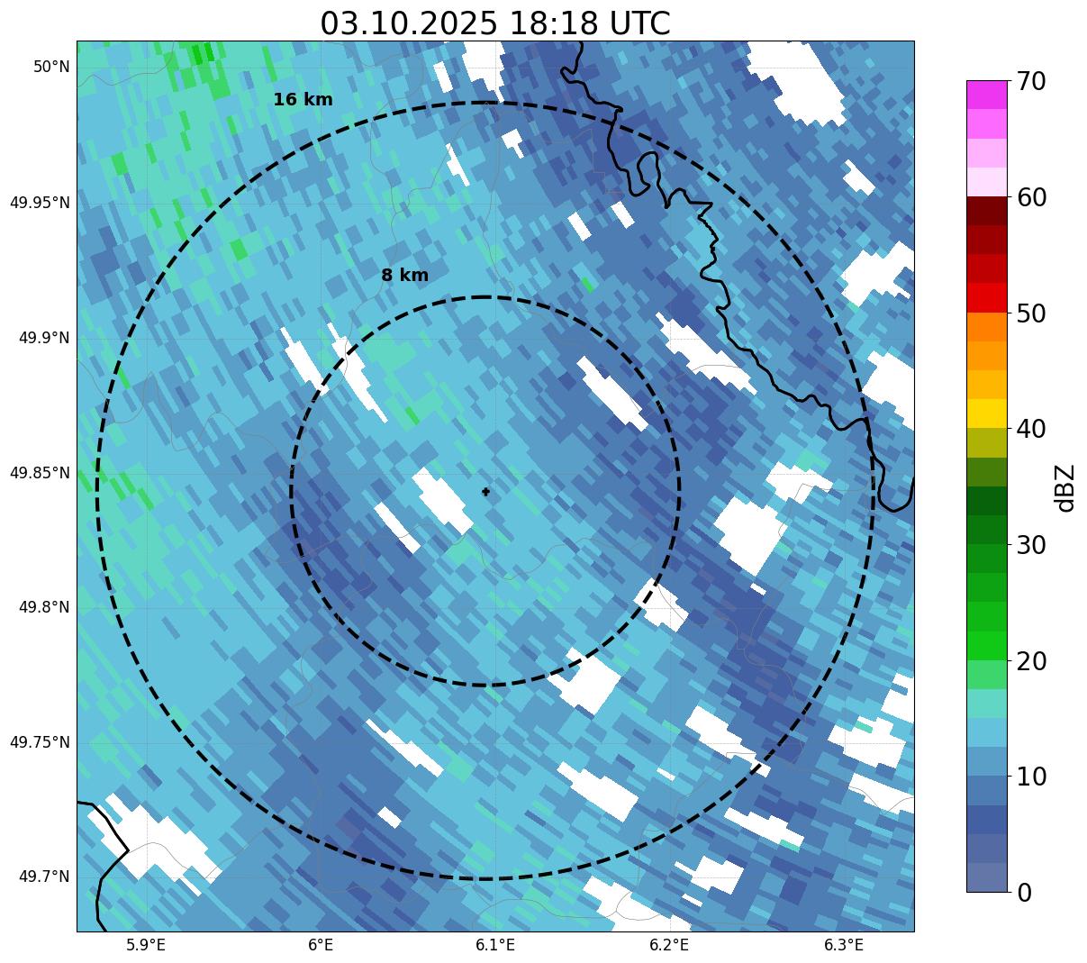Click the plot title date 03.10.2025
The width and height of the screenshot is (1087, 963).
point(408,23)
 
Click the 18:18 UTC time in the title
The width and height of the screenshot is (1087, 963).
point(589,23)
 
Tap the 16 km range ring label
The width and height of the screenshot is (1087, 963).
point(303,100)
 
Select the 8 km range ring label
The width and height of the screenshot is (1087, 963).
point(404,276)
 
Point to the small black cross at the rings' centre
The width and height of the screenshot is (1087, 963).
point(486,492)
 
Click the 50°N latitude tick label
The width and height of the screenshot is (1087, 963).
point(51,67)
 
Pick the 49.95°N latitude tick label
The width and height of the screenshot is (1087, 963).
point(40,202)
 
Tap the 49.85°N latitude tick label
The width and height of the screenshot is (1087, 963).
point(40,472)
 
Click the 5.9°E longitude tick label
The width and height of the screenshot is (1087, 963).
point(146,945)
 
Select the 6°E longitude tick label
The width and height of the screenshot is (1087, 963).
point(321,945)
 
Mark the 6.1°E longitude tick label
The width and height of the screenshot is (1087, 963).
point(494,945)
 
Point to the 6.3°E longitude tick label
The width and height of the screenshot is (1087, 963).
point(844,945)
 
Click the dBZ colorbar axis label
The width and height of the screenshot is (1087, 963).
point(1065,487)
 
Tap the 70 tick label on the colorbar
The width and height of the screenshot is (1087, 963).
point(1031,81)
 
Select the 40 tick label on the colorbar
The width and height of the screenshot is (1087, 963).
point(1031,429)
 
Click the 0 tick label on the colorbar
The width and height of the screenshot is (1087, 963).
point(1025,893)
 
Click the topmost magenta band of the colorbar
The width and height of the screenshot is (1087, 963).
point(986,95)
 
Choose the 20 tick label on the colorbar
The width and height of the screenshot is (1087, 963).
point(1031,661)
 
